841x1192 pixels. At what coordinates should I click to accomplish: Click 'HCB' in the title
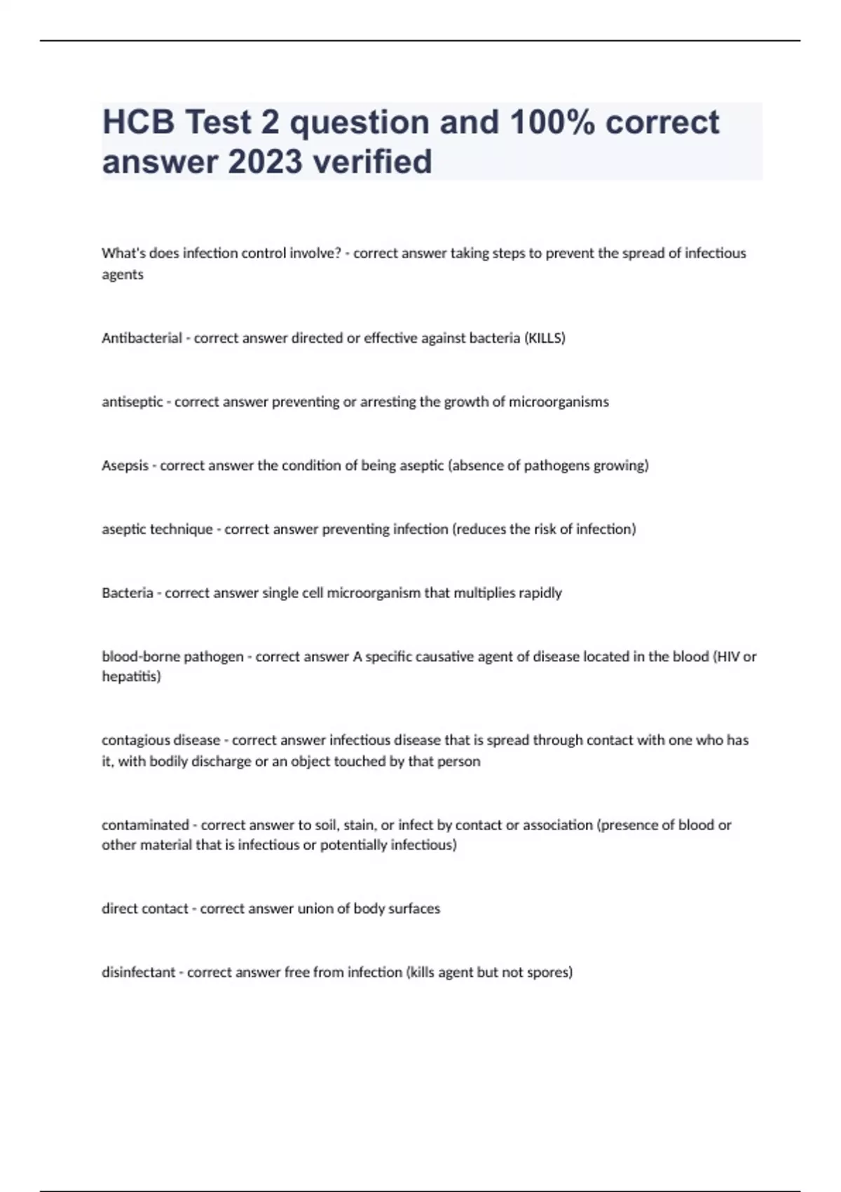138,122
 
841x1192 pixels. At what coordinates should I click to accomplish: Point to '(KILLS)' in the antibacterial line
545,338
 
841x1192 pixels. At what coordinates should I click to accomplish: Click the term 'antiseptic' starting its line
132,402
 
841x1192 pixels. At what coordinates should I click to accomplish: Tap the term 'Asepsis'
125,466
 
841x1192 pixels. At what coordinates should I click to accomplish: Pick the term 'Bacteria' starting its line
127,593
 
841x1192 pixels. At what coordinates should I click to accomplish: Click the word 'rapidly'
540,593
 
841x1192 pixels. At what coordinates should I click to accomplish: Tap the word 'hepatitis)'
131,677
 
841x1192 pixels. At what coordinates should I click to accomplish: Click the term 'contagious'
133,740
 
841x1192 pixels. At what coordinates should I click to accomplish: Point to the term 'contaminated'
145,825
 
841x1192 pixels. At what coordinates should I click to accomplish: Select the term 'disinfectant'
138,973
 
